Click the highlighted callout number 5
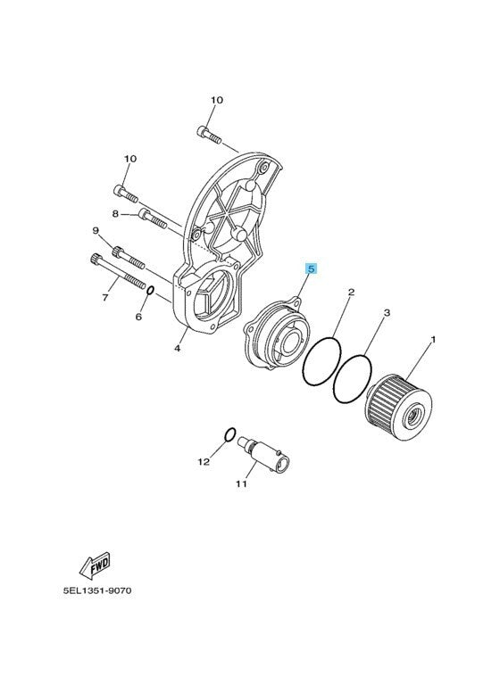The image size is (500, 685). [x=311, y=269]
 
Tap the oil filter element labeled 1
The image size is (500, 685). [x=398, y=407]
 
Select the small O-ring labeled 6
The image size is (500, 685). [x=150, y=290]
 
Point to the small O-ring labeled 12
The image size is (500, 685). [x=230, y=434]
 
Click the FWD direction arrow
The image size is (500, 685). [x=95, y=565]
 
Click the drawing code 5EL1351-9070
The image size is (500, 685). [x=97, y=591]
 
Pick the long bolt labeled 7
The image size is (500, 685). [x=118, y=272]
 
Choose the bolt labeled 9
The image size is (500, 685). [x=129, y=258]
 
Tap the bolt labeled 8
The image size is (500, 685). [x=152, y=219]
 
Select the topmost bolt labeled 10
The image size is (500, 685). [x=210, y=135]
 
